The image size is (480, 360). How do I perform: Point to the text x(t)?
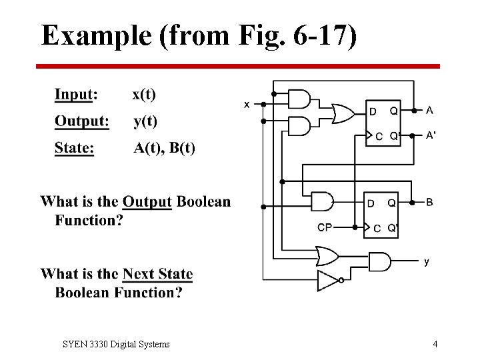pyautogui.click(x=144, y=94)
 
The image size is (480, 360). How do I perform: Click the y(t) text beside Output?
pyautogui.click(x=145, y=121)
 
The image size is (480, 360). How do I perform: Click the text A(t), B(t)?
pyautogui.click(x=164, y=147)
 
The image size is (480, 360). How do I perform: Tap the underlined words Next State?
pyautogui.click(x=158, y=274)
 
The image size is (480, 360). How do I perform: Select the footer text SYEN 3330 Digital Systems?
pyautogui.click(x=116, y=344)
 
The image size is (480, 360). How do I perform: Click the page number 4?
pyautogui.click(x=435, y=344)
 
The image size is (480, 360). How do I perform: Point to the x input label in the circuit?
pyautogui.click(x=247, y=105)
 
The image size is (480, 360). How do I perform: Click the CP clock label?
pyautogui.click(x=325, y=227)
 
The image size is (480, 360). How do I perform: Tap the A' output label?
pyautogui.click(x=431, y=135)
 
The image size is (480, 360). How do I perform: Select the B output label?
pyautogui.click(x=429, y=201)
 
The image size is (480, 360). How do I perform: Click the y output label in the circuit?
pyautogui.click(x=427, y=262)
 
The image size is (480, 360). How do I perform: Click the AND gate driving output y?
pyautogui.click(x=379, y=261)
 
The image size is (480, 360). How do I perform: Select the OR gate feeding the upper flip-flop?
pyautogui.click(x=343, y=113)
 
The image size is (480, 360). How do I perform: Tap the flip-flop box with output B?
pyautogui.click(x=381, y=215)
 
